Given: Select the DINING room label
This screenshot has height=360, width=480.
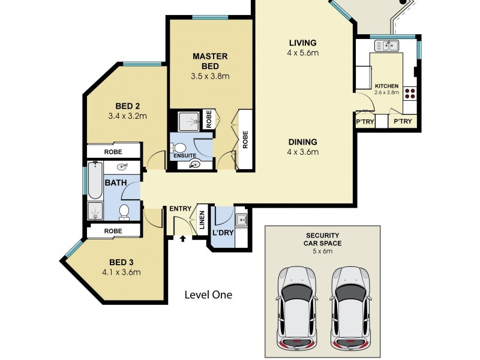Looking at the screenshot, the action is point(302,142).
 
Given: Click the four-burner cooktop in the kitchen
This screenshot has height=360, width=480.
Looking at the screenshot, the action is point(410,93).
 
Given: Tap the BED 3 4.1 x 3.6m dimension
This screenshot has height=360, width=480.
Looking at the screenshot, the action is point(125,272).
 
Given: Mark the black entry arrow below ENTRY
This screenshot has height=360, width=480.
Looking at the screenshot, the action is point(183,238).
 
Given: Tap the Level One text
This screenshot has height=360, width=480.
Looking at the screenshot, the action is point(208,295).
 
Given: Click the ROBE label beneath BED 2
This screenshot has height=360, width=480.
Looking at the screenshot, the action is point(113,152).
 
